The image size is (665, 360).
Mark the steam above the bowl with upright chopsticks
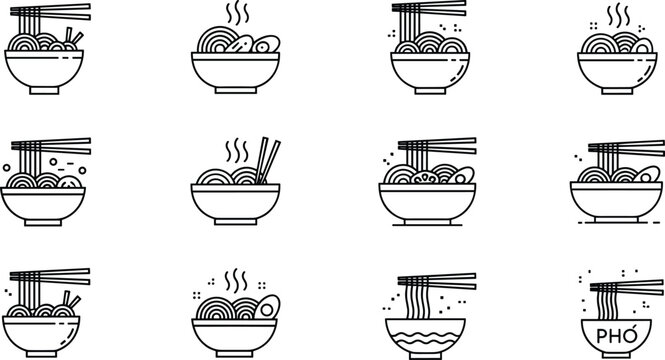(x=236, y=151)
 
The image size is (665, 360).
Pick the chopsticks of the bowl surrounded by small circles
(x=50, y=147)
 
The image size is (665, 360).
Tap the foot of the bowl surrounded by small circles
(x=43, y=225)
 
